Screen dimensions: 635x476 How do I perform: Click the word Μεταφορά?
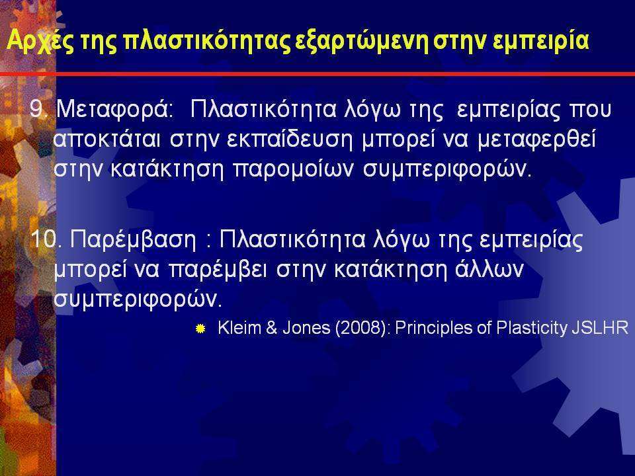tap(115, 110)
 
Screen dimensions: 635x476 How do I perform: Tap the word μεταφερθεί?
tap(536, 139)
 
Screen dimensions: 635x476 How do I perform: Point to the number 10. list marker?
tap(46, 239)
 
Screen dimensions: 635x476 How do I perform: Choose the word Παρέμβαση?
tap(133, 240)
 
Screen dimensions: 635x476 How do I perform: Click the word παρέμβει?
tap(218, 270)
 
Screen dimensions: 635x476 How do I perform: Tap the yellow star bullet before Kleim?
tap(200, 329)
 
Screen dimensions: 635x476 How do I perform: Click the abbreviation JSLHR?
tap(600, 327)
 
